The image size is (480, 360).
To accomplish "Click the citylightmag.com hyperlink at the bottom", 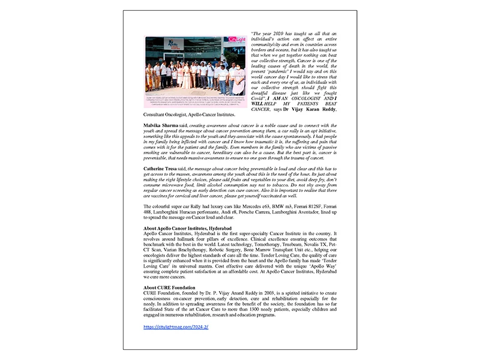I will click(x=176, y=327).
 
